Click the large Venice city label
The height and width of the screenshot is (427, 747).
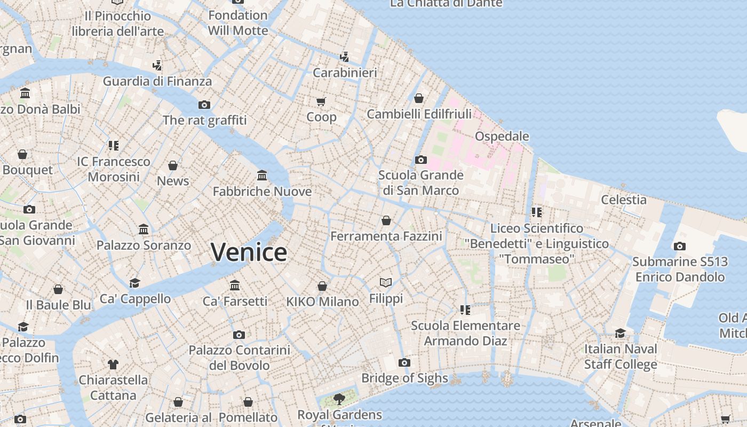point(249,252)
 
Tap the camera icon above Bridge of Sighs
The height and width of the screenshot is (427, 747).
point(404,363)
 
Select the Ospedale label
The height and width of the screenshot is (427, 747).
point(502,136)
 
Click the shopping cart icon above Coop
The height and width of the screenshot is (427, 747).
point(321,101)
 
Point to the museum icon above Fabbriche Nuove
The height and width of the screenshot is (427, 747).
point(262,175)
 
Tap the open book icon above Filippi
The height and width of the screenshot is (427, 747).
point(386,282)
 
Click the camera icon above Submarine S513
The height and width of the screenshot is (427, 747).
point(679,246)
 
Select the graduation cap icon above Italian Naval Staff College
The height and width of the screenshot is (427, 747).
point(620,333)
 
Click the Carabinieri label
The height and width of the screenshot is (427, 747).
point(345,73)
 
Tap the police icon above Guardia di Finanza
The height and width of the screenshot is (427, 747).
point(157,66)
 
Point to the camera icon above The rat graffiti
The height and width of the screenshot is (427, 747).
point(204,105)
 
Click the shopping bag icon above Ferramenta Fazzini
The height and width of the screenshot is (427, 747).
point(386,220)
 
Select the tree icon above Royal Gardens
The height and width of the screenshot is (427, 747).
point(339,398)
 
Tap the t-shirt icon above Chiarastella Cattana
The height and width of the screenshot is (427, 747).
point(113,365)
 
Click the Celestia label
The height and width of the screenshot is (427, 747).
point(624,200)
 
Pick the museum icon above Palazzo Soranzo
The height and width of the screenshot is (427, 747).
point(144,230)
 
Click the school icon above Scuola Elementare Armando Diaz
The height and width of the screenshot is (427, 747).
point(465,310)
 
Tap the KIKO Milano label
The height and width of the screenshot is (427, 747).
point(322,302)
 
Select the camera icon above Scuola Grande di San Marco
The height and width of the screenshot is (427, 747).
point(420,160)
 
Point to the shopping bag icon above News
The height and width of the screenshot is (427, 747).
point(173,165)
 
